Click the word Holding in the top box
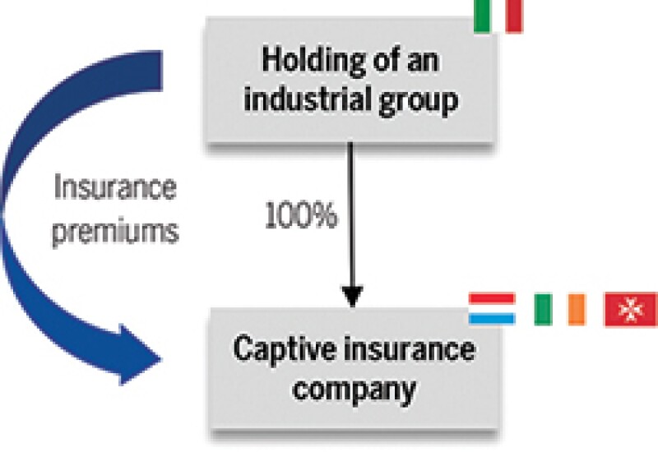(304, 62)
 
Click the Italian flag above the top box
(498, 15)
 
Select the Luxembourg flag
(492, 308)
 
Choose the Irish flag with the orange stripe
(558, 308)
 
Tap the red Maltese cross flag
(631, 308)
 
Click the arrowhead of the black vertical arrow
(352, 294)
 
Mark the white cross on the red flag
(631, 308)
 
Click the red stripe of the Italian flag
(514, 15)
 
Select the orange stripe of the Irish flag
(576, 308)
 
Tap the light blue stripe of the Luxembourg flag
(492, 319)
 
